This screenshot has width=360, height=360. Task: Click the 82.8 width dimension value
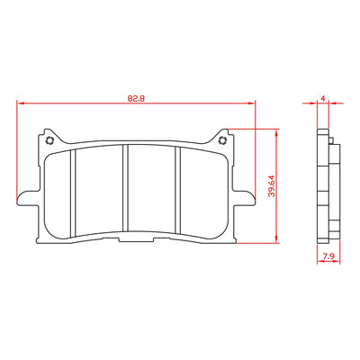tap(136, 99)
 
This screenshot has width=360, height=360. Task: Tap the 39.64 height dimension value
tap(272, 185)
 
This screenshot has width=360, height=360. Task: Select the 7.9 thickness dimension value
tap(328, 256)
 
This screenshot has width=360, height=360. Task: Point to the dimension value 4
tap(323, 98)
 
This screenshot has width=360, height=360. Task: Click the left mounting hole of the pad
tap(49, 140)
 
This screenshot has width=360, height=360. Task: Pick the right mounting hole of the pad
tap(222, 139)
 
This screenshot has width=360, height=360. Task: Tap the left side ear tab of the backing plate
tap(28, 198)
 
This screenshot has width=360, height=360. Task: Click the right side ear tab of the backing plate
tap(243, 198)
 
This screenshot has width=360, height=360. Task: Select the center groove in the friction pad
tap(125, 188)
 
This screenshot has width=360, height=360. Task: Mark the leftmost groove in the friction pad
tap(73, 193)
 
